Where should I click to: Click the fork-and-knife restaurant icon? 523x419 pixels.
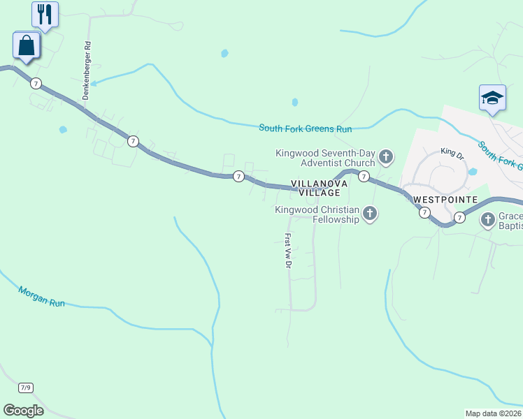[45, 14]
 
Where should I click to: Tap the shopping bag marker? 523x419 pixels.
[27, 47]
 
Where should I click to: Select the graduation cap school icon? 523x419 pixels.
[492, 98]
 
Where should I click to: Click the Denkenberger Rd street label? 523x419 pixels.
[87, 70]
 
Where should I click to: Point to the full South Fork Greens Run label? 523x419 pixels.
[305, 128]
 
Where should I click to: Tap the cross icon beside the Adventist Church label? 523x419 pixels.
[386, 157]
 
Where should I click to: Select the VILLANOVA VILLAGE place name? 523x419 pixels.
[320, 188]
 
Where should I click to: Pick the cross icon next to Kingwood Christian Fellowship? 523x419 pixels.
[369, 214]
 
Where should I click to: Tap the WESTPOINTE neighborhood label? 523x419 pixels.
[445, 200]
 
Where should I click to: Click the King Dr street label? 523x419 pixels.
[452, 152]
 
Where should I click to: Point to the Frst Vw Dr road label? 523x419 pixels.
[287, 251]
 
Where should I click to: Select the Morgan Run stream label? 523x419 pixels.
[41, 297]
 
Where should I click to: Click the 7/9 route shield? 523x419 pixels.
[26, 387]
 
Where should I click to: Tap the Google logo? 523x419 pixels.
[23, 410]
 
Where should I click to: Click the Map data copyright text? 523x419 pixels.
[494, 413]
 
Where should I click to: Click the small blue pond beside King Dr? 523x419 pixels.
[473, 171]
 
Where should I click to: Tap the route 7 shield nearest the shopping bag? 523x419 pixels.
[36, 84]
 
